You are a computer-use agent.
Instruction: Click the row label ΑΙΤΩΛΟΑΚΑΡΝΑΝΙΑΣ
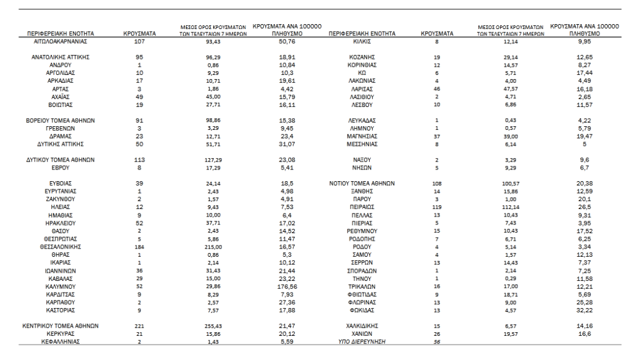click(59, 41)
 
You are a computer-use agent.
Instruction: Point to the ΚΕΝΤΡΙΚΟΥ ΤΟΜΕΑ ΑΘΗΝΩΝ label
click(59, 325)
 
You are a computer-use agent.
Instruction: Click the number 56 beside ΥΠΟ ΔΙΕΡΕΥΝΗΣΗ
click(436, 341)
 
